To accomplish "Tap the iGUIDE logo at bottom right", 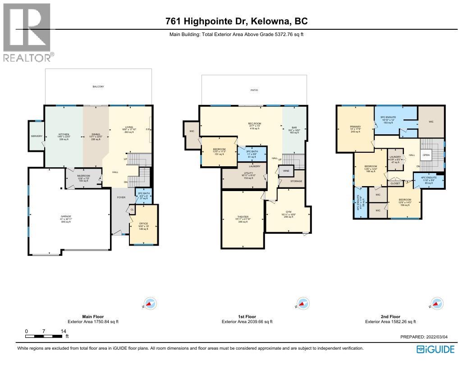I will pyautogui.click(x=435, y=349).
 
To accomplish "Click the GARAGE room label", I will pyautogui.click(x=66, y=216).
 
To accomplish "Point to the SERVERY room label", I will pyautogui.click(x=36, y=136).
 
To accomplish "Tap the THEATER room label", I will pyautogui.click(x=243, y=217).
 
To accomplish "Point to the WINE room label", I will pyautogui.click(x=286, y=171).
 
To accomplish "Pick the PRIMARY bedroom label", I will pyautogui.click(x=355, y=127).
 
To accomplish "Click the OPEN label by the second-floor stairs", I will pyautogui.click(x=426, y=155).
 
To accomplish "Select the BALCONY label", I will pyautogui.click(x=98, y=86).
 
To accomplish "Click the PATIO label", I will pyautogui.click(x=254, y=90).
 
